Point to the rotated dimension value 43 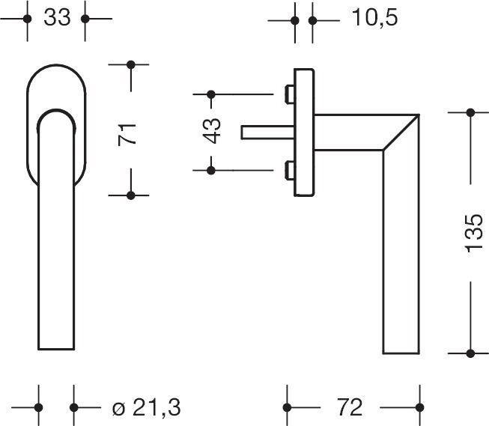pos(212,132)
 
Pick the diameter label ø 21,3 pos(146,408)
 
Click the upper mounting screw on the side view pos(288,94)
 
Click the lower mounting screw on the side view pos(288,170)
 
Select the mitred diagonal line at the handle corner pos(401,132)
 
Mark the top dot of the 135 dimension pos(471,112)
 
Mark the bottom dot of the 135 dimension pos(471,353)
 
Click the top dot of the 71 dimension pos(132,65)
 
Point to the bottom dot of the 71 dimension pos(132,195)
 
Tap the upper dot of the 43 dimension pos(210,94)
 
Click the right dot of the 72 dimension pos(417,408)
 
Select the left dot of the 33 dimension pos(27,18)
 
